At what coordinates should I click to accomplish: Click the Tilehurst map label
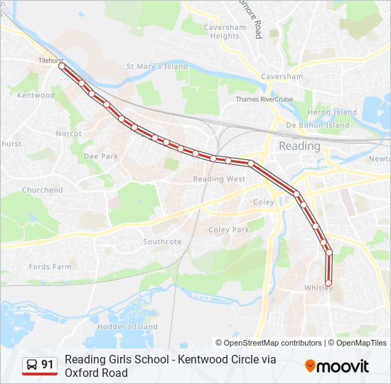coord(52,60)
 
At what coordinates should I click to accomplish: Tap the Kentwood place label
coord(36,95)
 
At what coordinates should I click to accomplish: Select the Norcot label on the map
coord(69,133)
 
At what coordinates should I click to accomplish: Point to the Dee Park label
coord(101,156)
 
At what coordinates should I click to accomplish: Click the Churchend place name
coord(43,190)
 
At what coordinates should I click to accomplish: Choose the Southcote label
coord(162,242)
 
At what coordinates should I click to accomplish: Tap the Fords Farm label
coord(50,267)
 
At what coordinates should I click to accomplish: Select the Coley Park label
coord(229,230)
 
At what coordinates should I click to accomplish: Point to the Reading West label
coord(219,179)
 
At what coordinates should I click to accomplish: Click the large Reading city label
coord(299,146)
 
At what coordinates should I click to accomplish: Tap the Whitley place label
coord(318,288)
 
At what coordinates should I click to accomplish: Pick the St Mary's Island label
coord(157,67)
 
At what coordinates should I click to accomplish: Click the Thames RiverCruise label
coord(264,100)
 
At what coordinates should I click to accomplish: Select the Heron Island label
coord(333,112)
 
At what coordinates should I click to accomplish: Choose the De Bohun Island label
coord(318,125)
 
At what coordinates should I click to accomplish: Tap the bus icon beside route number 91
coord(32,365)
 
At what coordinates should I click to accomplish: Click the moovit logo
coord(337,366)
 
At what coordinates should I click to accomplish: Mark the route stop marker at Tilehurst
coord(62,66)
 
